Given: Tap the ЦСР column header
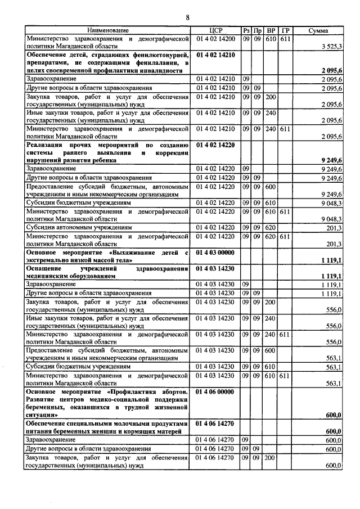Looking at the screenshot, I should (x=216, y=29).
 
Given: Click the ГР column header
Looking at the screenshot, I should (x=285, y=29).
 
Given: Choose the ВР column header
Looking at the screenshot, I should (x=271, y=29).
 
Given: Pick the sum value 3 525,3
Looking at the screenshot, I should (x=328, y=46).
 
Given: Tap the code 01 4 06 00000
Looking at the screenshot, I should (x=216, y=390).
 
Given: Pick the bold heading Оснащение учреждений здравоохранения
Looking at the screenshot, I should (x=107, y=273).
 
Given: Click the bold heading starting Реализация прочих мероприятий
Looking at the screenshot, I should (x=107, y=152).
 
